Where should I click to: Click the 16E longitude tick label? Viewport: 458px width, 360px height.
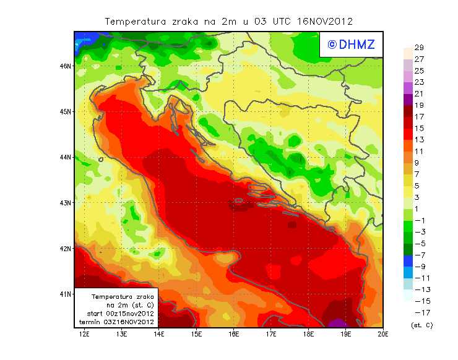click(233, 335)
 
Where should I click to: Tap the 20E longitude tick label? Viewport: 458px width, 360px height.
click(383, 335)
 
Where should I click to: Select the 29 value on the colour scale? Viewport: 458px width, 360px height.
click(418, 48)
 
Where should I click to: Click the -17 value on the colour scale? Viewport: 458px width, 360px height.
click(421, 312)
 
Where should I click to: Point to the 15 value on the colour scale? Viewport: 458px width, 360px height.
click(418, 128)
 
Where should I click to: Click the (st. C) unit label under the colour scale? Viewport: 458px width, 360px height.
click(421, 325)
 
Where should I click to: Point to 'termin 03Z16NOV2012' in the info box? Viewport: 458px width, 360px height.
click(117, 322)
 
